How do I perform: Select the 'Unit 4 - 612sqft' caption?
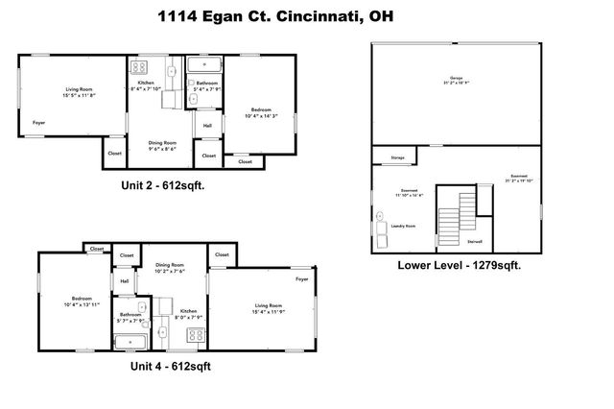click(x=170, y=366)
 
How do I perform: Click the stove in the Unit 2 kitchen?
click(x=139, y=67)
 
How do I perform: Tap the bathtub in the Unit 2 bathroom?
click(x=202, y=65)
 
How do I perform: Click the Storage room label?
click(x=396, y=158)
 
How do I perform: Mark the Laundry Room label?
click(x=402, y=227)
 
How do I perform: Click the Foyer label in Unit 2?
click(x=39, y=123)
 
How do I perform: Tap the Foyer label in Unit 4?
click(x=302, y=279)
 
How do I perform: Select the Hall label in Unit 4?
click(x=125, y=280)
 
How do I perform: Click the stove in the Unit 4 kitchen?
click(x=196, y=335)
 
